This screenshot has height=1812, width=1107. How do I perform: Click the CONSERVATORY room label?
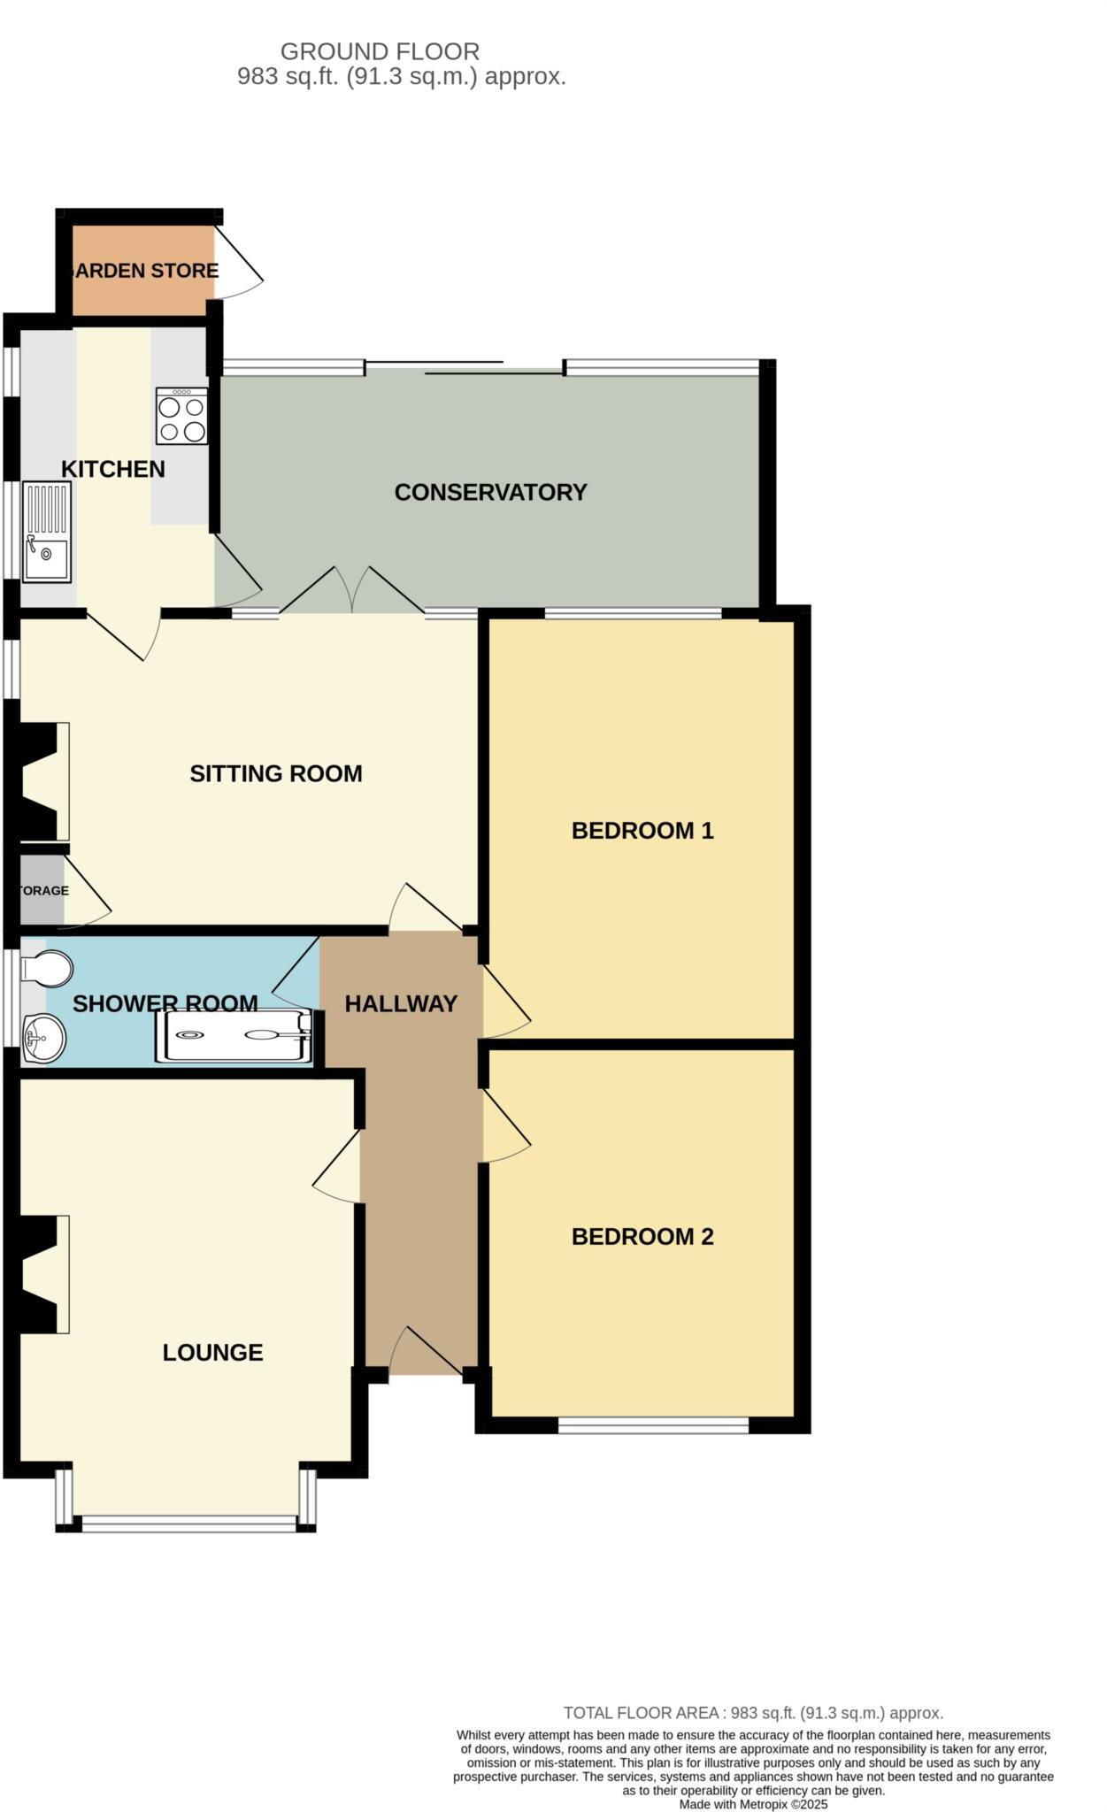coord(490,492)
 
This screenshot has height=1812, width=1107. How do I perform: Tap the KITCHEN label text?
coord(113,469)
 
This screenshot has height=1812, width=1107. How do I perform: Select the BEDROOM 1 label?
coord(642,831)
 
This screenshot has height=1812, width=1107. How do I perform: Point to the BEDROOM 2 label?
coord(642,1236)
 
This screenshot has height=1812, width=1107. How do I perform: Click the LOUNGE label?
coord(212,1352)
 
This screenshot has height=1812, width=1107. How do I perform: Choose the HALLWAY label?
coord(401,1003)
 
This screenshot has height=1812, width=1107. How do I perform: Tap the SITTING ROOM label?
coord(276,773)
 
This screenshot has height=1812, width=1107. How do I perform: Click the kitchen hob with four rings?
coord(181,416)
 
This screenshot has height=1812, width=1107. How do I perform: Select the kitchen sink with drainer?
coord(46,531)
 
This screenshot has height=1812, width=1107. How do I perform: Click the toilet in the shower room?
coord(49,969)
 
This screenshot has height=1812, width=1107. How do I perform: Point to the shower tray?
coord(234,1035)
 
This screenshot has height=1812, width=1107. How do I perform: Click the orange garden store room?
coord(142,270)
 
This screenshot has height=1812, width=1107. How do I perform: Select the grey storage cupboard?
coord(41,890)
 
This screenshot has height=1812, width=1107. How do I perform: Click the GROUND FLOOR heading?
coord(380,51)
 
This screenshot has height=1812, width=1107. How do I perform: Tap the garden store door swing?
coord(237,265)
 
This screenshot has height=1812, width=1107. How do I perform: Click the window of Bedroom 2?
coord(653,1424)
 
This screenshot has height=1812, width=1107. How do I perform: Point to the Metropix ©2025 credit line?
coord(753,1803)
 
